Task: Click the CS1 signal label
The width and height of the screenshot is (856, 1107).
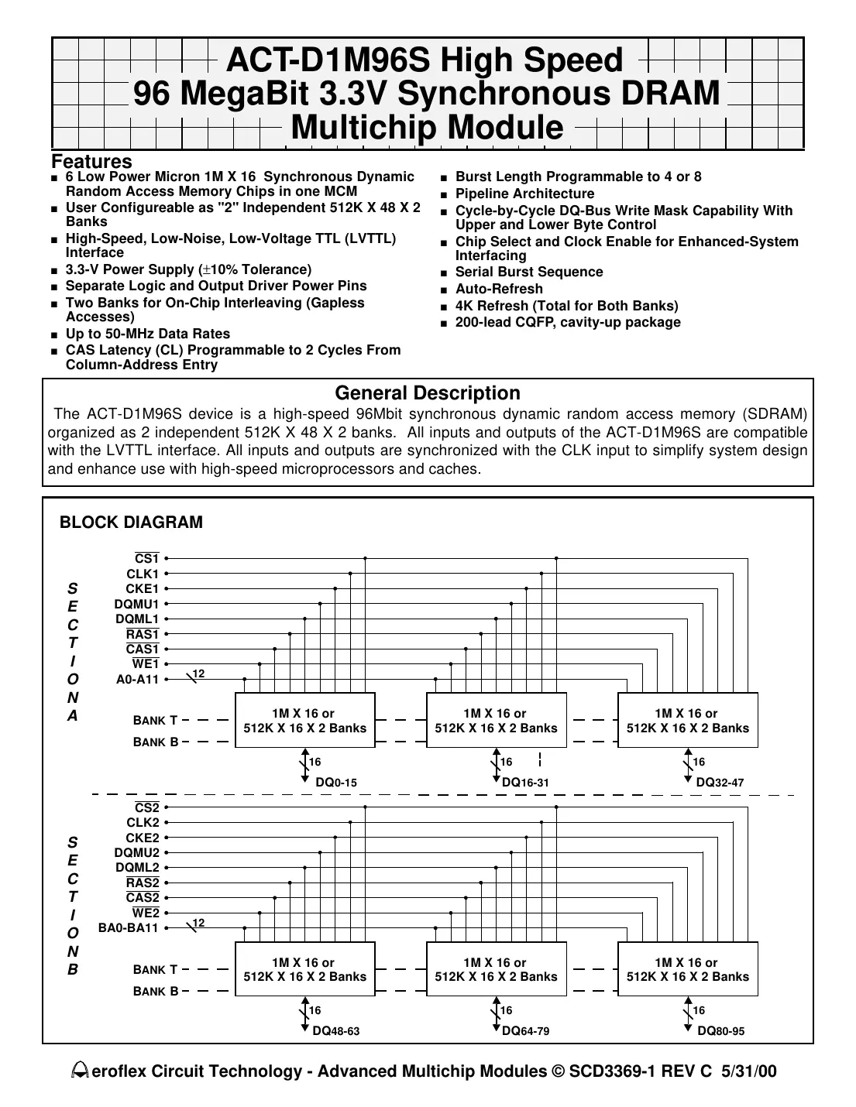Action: pyautogui.click(x=146, y=559)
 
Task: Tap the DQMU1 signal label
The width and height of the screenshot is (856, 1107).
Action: pyautogui.click(x=136, y=604)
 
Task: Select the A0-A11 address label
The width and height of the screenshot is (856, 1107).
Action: pyautogui.click(x=137, y=680)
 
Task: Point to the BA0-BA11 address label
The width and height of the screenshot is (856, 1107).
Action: pyautogui.click(x=129, y=928)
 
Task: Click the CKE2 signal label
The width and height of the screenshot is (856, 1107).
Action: pyautogui.click(x=142, y=838)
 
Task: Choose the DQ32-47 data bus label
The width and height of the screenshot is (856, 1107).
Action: pyautogui.click(x=720, y=783)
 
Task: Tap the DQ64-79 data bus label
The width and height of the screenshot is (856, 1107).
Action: pyautogui.click(x=526, y=1031)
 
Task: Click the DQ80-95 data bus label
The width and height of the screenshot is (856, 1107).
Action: pyautogui.click(x=720, y=1031)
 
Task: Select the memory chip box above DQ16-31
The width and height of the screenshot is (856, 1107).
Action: pyautogui.click(x=496, y=721)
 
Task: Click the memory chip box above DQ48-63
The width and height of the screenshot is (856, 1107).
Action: pyautogui.click(x=304, y=969)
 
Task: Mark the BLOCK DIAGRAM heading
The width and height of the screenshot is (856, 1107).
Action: pyautogui.click(x=131, y=523)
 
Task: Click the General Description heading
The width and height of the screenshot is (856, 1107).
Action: pyautogui.click(x=427, y=393)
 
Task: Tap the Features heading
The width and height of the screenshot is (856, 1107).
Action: pyautogui.click(x=91, y=162)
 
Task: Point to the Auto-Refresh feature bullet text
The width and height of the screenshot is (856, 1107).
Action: pyautogui.click(x=499, y=289)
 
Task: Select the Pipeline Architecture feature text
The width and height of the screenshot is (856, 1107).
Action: pyautogui.click(x=524, y=194)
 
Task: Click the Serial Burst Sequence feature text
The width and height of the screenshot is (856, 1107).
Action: pyautogui.click(x=528, y=272)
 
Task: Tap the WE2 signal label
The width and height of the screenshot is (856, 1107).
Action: pyautogui.click(x=146, y=913)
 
